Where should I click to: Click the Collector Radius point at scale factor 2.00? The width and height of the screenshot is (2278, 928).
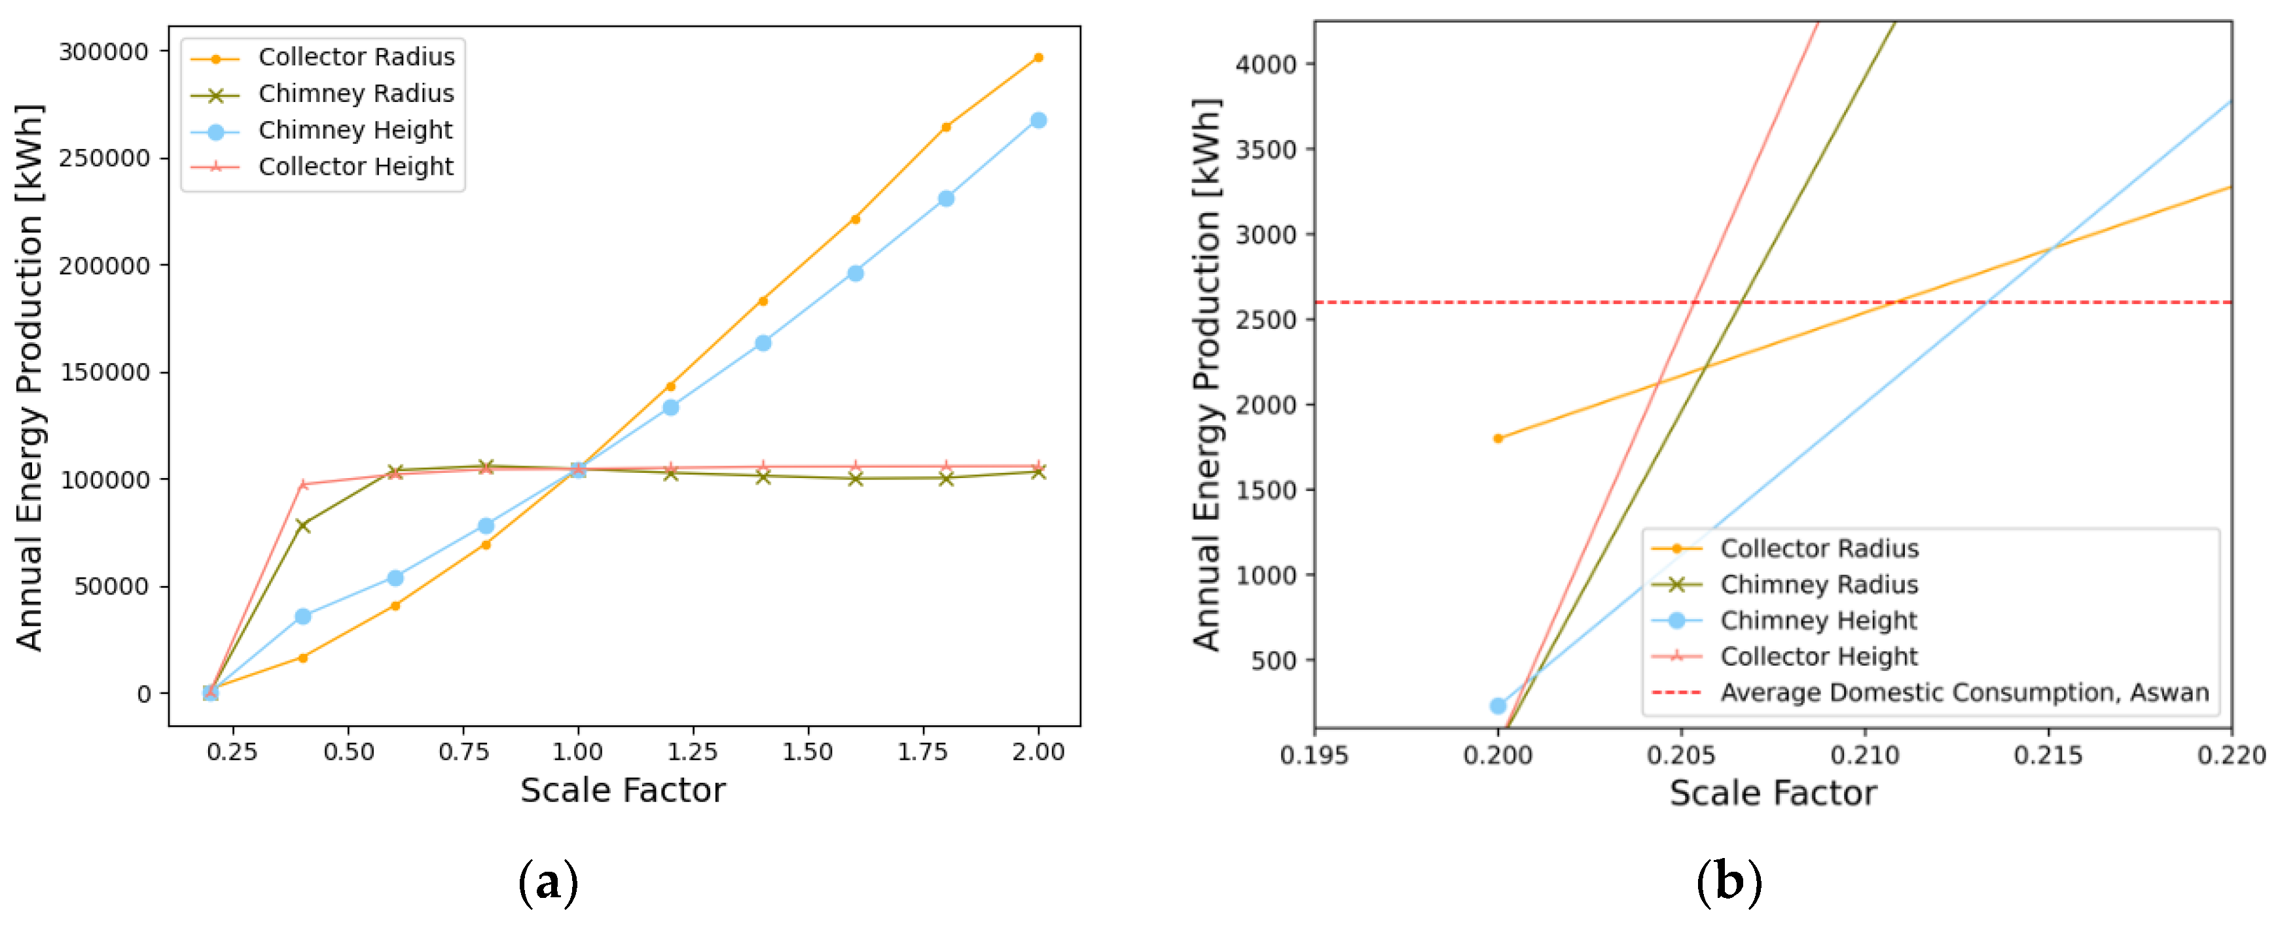click(1038, 58)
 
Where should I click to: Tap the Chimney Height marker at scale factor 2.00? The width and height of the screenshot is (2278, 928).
click(1038, 120)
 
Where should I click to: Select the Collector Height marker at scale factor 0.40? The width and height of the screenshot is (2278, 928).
click(303, 485)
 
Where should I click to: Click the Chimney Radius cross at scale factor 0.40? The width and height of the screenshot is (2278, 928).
click(303, 526)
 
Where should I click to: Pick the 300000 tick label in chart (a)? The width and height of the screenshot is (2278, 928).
click(103, 52)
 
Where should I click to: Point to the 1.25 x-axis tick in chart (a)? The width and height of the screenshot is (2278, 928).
click(693, 752)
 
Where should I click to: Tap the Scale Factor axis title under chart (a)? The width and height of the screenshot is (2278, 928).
click(623, 790)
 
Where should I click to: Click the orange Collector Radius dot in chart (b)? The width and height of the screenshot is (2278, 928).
click(1498, 438)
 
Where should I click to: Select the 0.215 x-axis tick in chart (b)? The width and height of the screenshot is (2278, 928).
click(2049, 755)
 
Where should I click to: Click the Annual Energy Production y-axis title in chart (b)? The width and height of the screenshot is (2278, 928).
click(1208, 375)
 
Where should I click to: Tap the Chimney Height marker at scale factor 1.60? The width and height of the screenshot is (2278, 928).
click(855, 273)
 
